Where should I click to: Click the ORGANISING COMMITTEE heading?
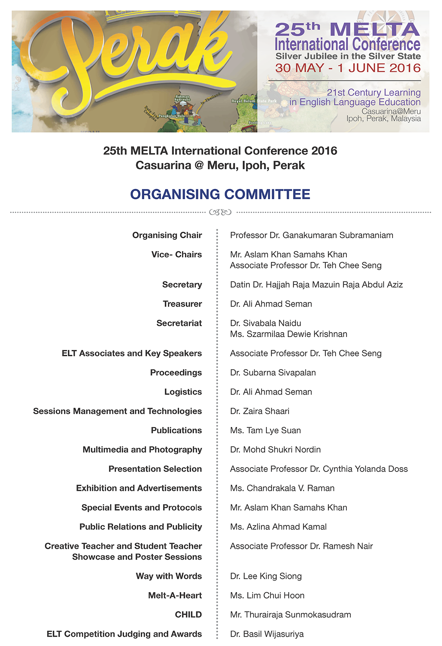pos(220,194)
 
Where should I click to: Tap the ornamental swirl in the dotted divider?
pos(220,212)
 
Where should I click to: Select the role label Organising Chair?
pos(167,235)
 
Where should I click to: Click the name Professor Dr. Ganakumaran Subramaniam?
pos(311,235)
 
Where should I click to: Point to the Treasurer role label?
pos(182,304)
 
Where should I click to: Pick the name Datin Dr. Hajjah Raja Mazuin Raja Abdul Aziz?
pos(316,285)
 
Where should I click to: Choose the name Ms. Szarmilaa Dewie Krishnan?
pos(289,334)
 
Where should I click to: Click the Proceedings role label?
pos(176,373)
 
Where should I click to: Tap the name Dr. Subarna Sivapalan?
pos(273,373)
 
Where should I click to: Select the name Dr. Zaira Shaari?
pos(260,411)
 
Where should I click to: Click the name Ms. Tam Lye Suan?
pos(265,431)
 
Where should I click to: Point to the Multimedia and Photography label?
pos(142,450)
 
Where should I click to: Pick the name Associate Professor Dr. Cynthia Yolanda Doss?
pos(319,469)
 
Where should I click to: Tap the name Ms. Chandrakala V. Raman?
pos(282,489)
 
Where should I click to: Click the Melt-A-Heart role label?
pos(175,596)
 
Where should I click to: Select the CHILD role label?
pos(188,615)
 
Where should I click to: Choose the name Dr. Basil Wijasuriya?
pos(267,634)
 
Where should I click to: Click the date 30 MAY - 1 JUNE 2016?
pos(348,68)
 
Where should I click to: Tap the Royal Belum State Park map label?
pos(254,101)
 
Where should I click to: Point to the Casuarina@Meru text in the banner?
pos(391,111)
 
